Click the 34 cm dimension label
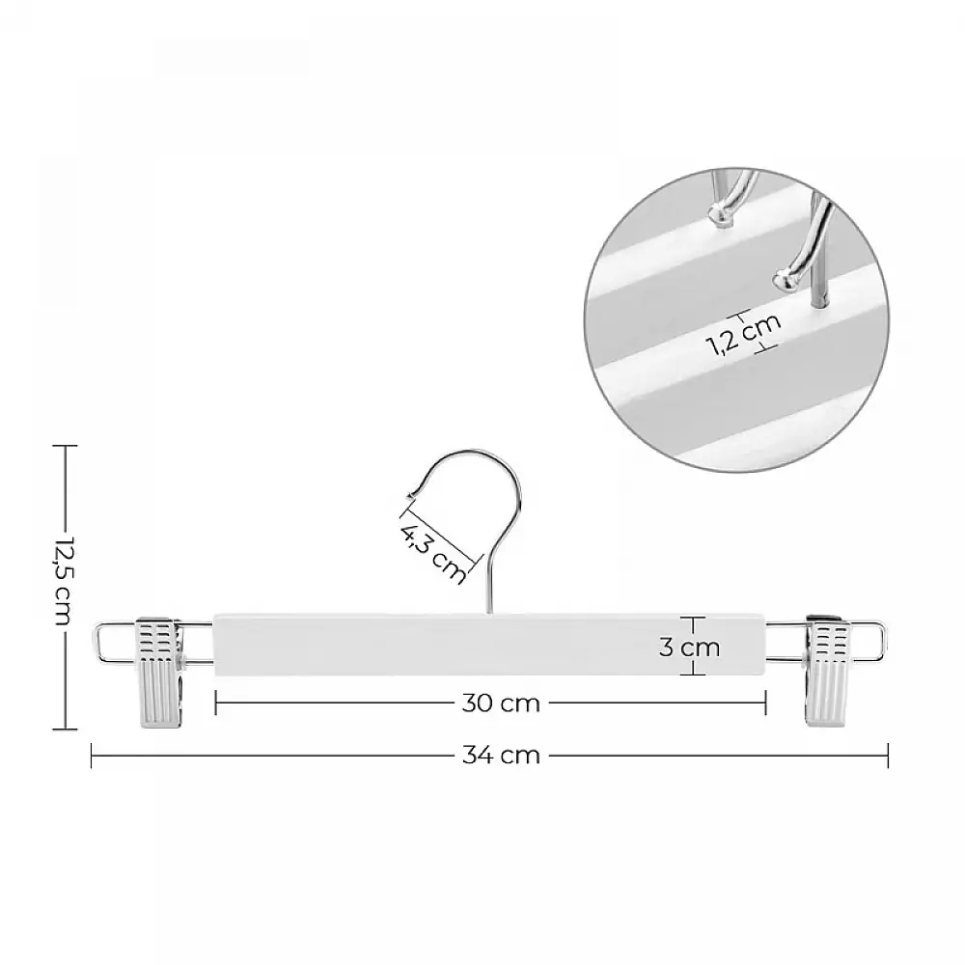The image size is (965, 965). (x=501, y=755)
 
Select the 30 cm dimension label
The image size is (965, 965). (x=501, y=703)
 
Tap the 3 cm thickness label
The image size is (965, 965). (x=689, y=647)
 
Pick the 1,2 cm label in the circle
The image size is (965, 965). (x=745, y=334)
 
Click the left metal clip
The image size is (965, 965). (x=160, y=674)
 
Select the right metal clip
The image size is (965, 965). (x=827, y=673)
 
